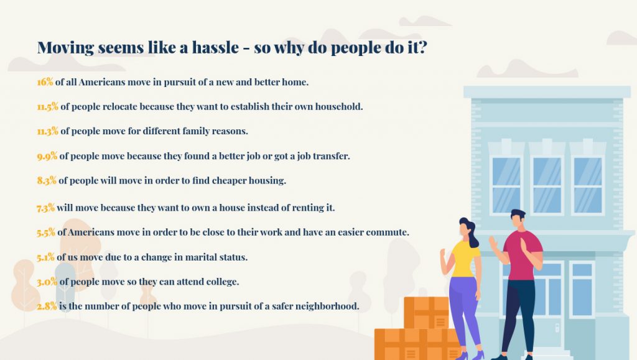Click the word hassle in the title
tap(215, 47)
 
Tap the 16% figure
tap(45, 82)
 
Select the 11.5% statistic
tap(47, 107)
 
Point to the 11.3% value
tap(47, 131)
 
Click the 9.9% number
tap(47, 156)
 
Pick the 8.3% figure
tap(47, 180)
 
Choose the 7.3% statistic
tap(45, 208)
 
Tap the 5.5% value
tap(46, 233)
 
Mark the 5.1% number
tap(45, 257)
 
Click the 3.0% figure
tap(47, 282)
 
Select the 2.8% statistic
tap(47, 306)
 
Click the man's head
tap(518, 219)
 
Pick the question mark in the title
tap(422, 47)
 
